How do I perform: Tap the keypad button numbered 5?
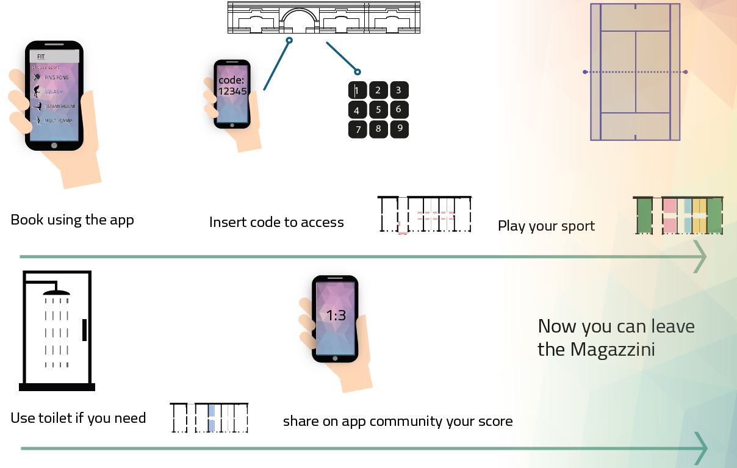tap(378, 110)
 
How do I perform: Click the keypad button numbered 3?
tap(398, 90)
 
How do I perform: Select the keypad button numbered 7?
tap(358, 129)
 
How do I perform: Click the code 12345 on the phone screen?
tap(232, 92)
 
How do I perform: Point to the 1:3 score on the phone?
tap(336, 315)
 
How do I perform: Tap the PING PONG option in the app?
tap(56, 77)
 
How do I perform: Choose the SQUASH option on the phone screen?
tap(54, 92)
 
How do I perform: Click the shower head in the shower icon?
tap(57, 292)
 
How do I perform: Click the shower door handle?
tap(84, 329)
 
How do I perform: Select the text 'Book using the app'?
tap(72, 220)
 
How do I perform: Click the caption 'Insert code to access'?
tap(276, 223)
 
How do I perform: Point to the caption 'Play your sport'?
tap(546, 226)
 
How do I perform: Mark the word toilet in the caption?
tap(56, 419)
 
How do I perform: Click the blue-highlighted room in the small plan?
tap(211, 418)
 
